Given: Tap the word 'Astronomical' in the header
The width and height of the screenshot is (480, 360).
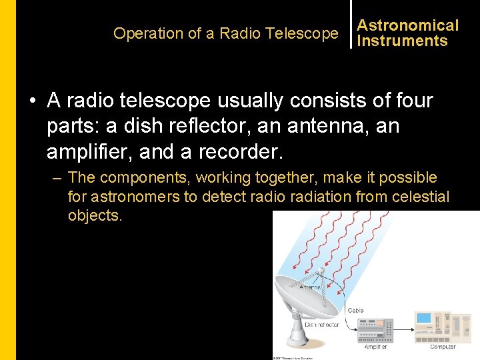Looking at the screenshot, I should [x=408, y=25].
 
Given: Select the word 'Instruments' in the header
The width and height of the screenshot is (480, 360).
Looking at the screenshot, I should [x=402, y=41].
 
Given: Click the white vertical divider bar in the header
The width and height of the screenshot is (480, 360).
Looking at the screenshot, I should [x=351, y=25].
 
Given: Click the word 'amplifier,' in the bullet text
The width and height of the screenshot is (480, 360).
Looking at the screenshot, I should [x=91, y=151].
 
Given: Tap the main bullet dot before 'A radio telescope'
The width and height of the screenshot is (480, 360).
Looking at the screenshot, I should [x=31, y=101].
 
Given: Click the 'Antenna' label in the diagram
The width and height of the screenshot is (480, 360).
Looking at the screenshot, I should [x=310, y=287].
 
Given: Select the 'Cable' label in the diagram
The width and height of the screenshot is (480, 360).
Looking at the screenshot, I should [x=355, y=310].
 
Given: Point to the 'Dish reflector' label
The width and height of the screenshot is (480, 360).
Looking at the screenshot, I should [x=322, y=325].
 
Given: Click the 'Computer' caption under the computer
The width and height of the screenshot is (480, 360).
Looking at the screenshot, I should [x=443, y=347].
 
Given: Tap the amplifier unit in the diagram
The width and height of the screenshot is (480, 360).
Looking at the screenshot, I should [x=375, y=330].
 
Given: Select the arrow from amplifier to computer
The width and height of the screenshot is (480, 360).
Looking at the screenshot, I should [x=403, y=331].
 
